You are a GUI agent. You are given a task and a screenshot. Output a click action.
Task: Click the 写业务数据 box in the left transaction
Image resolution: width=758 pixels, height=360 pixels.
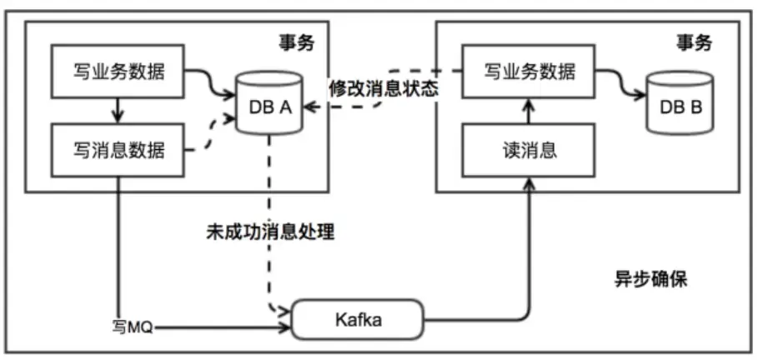[117, 72]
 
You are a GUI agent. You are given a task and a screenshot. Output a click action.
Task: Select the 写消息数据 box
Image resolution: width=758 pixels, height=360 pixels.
[117, 151]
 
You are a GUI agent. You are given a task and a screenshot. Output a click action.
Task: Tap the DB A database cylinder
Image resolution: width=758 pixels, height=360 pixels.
[268, 105]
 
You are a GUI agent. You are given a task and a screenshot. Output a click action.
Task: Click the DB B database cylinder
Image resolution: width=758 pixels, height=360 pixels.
[680, 105]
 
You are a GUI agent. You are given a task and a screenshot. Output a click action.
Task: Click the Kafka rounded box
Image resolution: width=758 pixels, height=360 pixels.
[358, 318]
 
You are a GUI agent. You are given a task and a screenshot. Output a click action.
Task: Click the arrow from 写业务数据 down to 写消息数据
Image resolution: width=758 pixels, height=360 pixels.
[118, 111]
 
